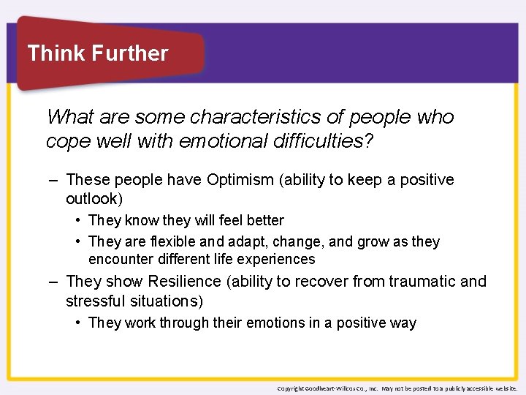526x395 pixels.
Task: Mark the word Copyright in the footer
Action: coord(291,388)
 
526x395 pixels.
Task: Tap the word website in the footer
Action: coord(505,388)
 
